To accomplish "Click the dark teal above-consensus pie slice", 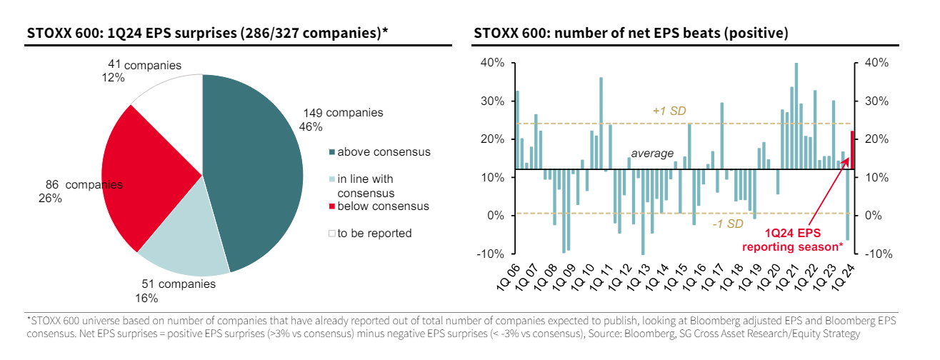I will (250, 164).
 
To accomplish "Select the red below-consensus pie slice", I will (150, 179).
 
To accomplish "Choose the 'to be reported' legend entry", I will (374, 233).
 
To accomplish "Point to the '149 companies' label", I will (343, 113).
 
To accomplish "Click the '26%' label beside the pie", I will (50, 199).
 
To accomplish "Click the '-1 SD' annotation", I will (728, 224).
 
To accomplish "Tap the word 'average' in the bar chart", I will (651, 154).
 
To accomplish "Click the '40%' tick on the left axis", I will (492, 63).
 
